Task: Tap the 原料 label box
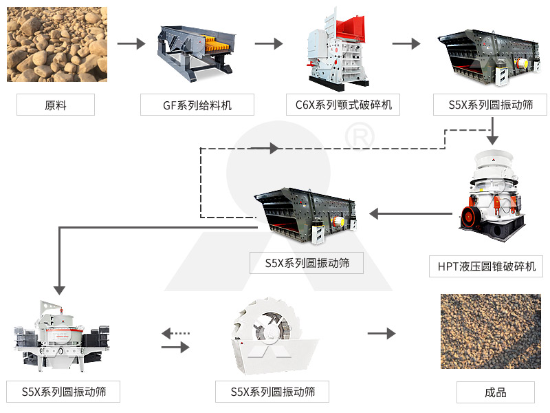tap(56, 105)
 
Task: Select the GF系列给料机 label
tap(197, 105)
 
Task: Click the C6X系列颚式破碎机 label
tap(343, 105)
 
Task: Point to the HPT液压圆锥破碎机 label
tap(486, 266)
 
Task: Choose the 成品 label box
tap(495, 392)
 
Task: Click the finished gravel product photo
tap(490, 331)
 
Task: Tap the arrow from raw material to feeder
tap(131, 44)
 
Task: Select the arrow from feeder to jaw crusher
tap(268, 44)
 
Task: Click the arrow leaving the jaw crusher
tap(406, 44)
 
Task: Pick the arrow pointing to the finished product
tap(381, 334)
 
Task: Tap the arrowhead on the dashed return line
tap(274, 148)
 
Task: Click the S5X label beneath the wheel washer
tap(272, 392)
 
